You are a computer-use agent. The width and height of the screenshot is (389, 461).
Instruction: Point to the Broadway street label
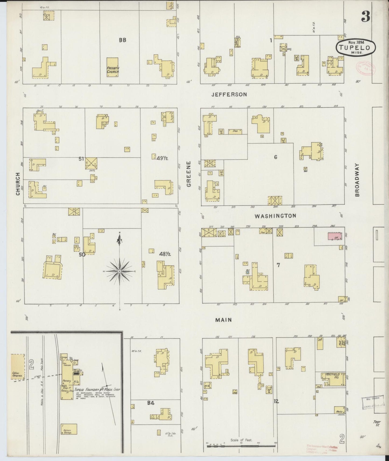click(357, 180)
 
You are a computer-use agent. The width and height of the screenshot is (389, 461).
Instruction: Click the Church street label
click(18, 184)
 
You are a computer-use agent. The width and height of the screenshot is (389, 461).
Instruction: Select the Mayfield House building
click(333, 379)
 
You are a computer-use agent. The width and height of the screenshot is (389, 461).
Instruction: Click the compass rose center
click(119, 271)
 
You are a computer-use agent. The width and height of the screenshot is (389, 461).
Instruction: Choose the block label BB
click(122, 40)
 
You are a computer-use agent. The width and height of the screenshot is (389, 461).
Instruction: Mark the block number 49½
click(162, 158)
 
